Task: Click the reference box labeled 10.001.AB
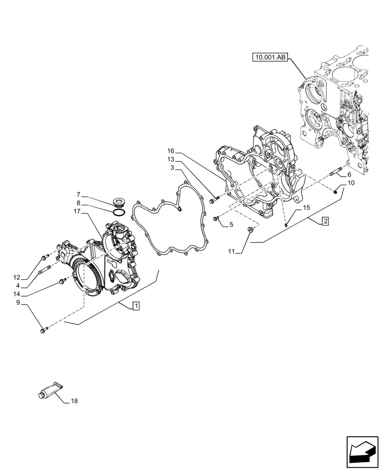pyautogui.click(x=269, y=58)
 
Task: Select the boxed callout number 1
pyautogui.click(x=135, y=306)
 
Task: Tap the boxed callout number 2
pyautogui.click(x=325, y=220)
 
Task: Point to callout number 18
pyautogui.click(x=74, y=401)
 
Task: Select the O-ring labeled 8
pyautogui.click(x=119, y=212)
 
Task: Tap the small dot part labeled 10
pyautogui.click(x=336, y=191)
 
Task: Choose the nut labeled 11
pyautogui.click(x=251, y=229)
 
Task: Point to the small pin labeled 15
pyautogui.click(x=286, y=224)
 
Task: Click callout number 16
pyautogui.click(x=170, y=151)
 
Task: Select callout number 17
pyautogui.click(x=78, y=211)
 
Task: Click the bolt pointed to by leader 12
pyautogui.click(x=45, y=257)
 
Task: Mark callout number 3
pyautogui.click(x=173, y=167)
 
